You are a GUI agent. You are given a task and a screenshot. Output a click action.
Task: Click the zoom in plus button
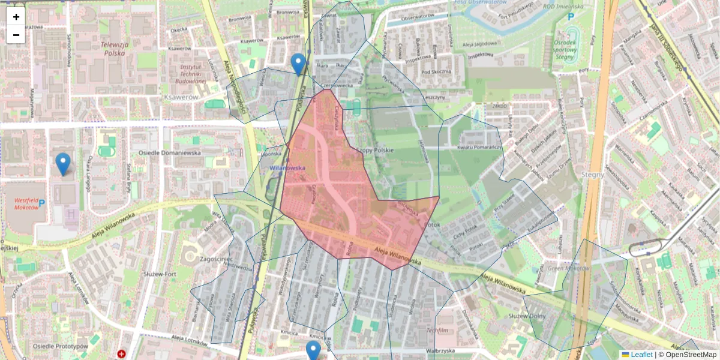pyautogui.click(x=16, y=17)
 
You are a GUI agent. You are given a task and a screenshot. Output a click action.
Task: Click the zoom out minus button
pyautogui.click(x=16, y=35)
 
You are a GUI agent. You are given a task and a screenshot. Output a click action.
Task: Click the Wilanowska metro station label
pyautogui.click(x=288, y=169)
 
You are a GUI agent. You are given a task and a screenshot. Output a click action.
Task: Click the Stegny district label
pyautogui.click(x=593, y=175)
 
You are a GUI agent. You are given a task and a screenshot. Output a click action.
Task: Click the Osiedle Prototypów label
pyautogui.click(x=60, y=346)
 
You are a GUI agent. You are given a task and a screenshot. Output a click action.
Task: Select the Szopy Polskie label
pyautogui.click(x=374, y=149)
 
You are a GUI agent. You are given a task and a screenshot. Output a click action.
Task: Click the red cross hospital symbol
pyautogui.click(x=122, y=355)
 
